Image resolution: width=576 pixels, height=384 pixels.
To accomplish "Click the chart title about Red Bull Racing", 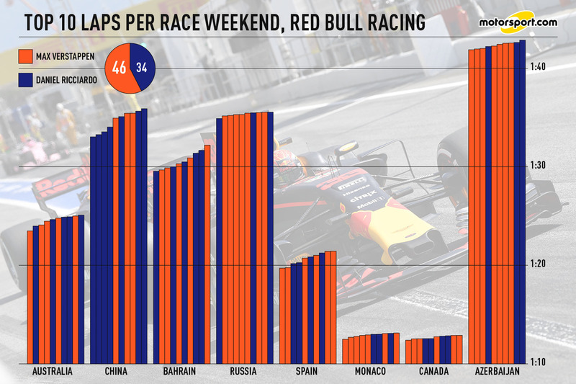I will pyautogui.click(x=223, y=23).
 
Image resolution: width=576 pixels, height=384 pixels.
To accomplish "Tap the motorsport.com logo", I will pyautogui.click(x=518, y=22).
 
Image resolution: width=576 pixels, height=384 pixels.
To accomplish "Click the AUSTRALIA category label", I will pyautogui.click(x=53, y=372).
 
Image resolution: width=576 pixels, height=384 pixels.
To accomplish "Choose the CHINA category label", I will pyautogui.click(x=116, y=372).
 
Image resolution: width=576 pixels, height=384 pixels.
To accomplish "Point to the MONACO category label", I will pyautogui.click(x=371, y=372).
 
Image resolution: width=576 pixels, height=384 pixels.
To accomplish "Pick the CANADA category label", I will pyautogui.click(x=433, y=372).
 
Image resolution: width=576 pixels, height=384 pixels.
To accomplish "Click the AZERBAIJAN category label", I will pyautogui.click(x=498, y=372).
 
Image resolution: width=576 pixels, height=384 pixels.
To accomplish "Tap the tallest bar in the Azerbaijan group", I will pyautogui.click(x=523, y=202).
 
